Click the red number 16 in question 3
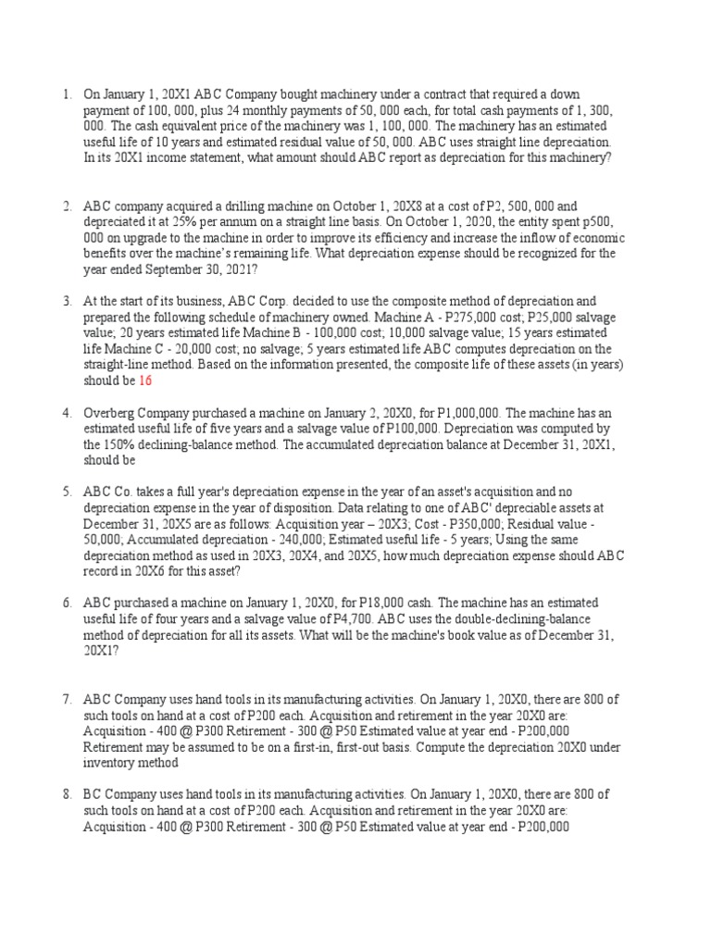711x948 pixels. click(x=146, y=380)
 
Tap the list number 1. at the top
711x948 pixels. click(x=66, y=94)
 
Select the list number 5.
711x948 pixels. click(x=66, y=493)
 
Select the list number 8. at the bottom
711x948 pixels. click(x=66, y=795)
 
